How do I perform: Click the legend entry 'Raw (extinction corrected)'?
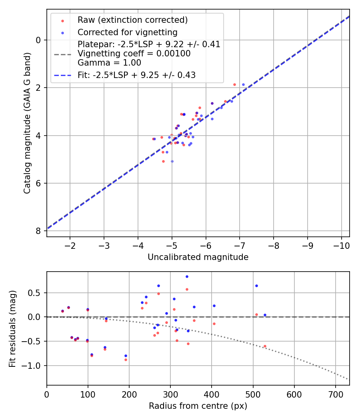pyautogui.click(x=132, y=20)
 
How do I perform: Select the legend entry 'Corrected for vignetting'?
pyautogui.click(x=127, y=32)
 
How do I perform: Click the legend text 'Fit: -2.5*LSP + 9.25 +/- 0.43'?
pyautogui.click(x=136, y=75)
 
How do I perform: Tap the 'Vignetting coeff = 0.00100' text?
pyautogui.click(x=134, y=53)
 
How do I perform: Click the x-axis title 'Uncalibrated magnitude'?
pyautogui.click(x=198, y=257)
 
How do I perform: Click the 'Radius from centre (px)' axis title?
pyautogui.click(x=198, y=406)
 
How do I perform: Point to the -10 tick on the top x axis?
pyautogui.click(x=341, y=244)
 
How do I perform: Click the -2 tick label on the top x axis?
pyautogui.click(x=70, y=244)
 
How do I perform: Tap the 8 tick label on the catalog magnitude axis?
pyautogui.click(x=38, y=231)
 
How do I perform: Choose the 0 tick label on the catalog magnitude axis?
pyautogui.click(x=38, y=40)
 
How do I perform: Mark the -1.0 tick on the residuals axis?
pyautogui.click(x=35, y=366)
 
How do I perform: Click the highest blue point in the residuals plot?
pyautogui.click(x=187, y=276)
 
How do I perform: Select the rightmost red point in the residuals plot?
pyautogui.click(x=265, y=346)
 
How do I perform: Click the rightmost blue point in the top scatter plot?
pyautogui.click(x=243, y=84)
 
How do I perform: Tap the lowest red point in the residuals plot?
pyautogui.click(x=126, y=360)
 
